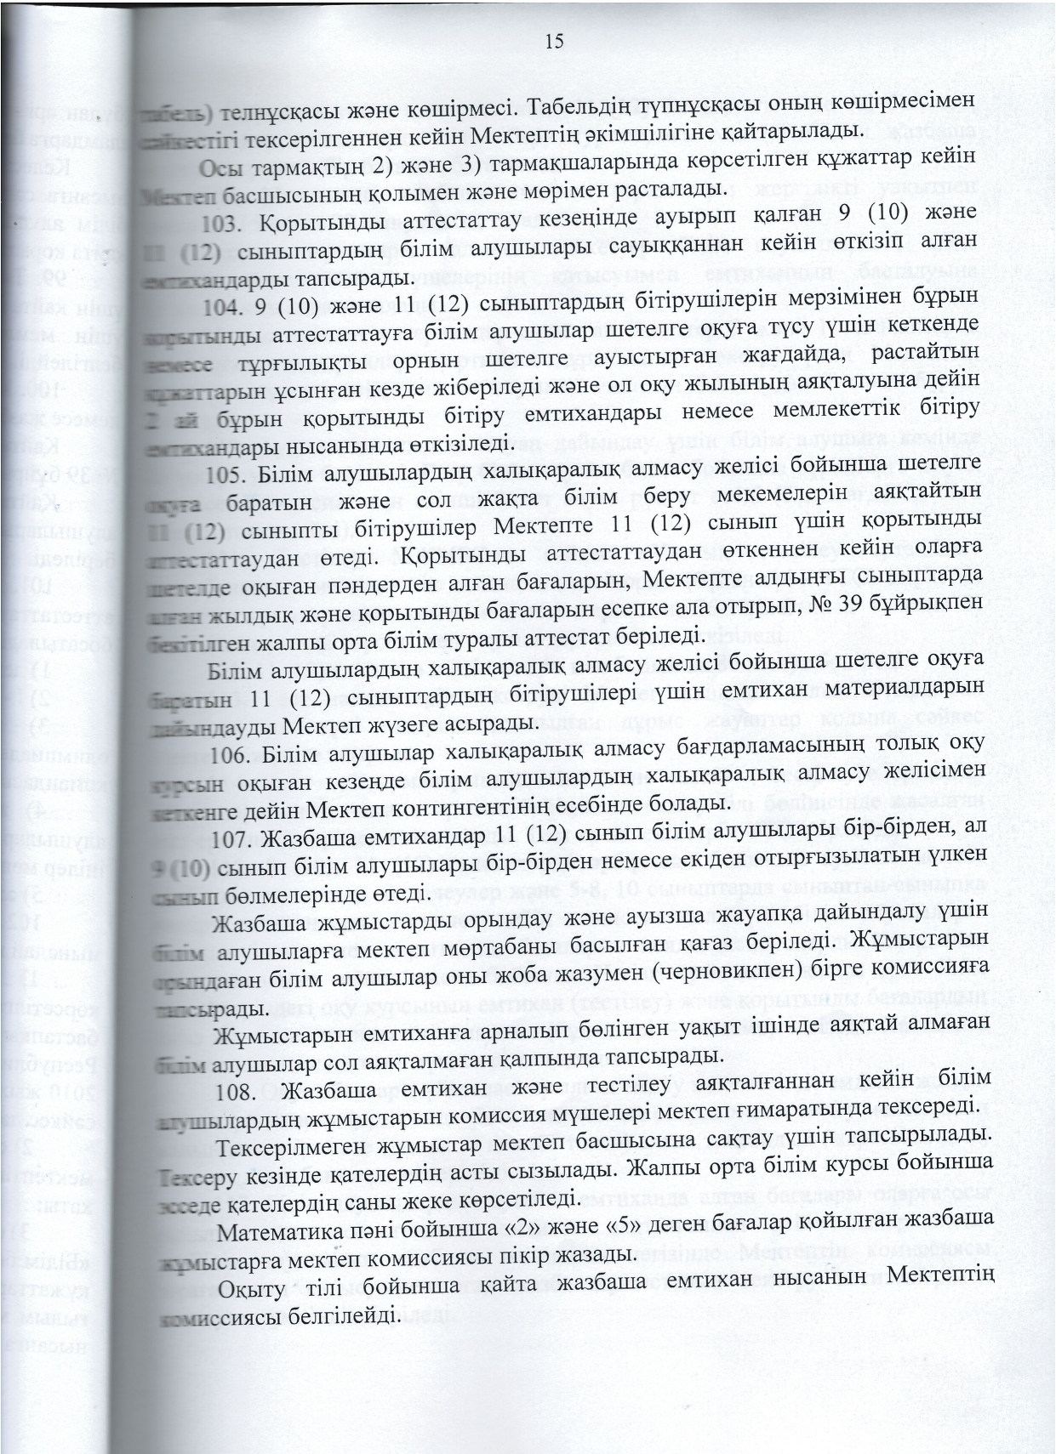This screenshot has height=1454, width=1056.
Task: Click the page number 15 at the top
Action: [554, 42]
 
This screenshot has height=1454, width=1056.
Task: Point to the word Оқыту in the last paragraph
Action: [248, 1285]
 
